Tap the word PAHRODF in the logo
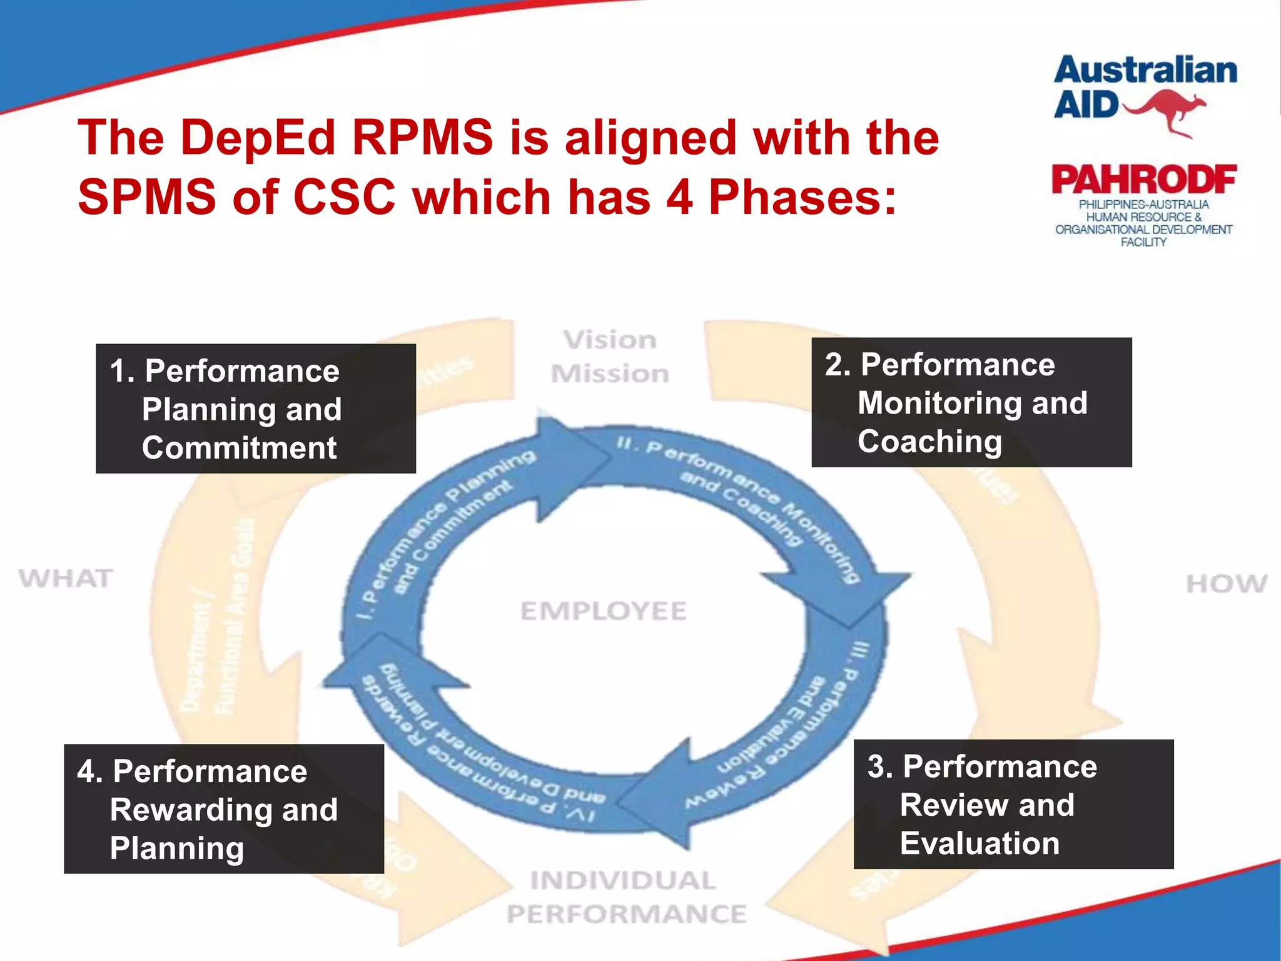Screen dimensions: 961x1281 click(1143, 180)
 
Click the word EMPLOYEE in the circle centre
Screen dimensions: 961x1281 click(604, 611)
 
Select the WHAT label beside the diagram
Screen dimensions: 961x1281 click(66, 579)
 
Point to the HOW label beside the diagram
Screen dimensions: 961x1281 click(1227, 584)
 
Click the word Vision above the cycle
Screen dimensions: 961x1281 click(610, 340)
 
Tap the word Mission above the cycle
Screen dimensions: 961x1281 click(610, 374)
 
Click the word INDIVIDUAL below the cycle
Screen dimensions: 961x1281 click(623, 881)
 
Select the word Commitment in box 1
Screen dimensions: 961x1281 click(239, 448)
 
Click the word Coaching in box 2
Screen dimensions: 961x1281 click(929, 442)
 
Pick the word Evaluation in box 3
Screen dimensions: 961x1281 click(980, 843)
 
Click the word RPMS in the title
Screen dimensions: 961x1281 click(423, 138)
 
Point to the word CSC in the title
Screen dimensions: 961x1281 click(345, 197)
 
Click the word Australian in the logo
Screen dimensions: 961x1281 click(1145, 70)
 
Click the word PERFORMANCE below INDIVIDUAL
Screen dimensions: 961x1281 click(627, 915)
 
